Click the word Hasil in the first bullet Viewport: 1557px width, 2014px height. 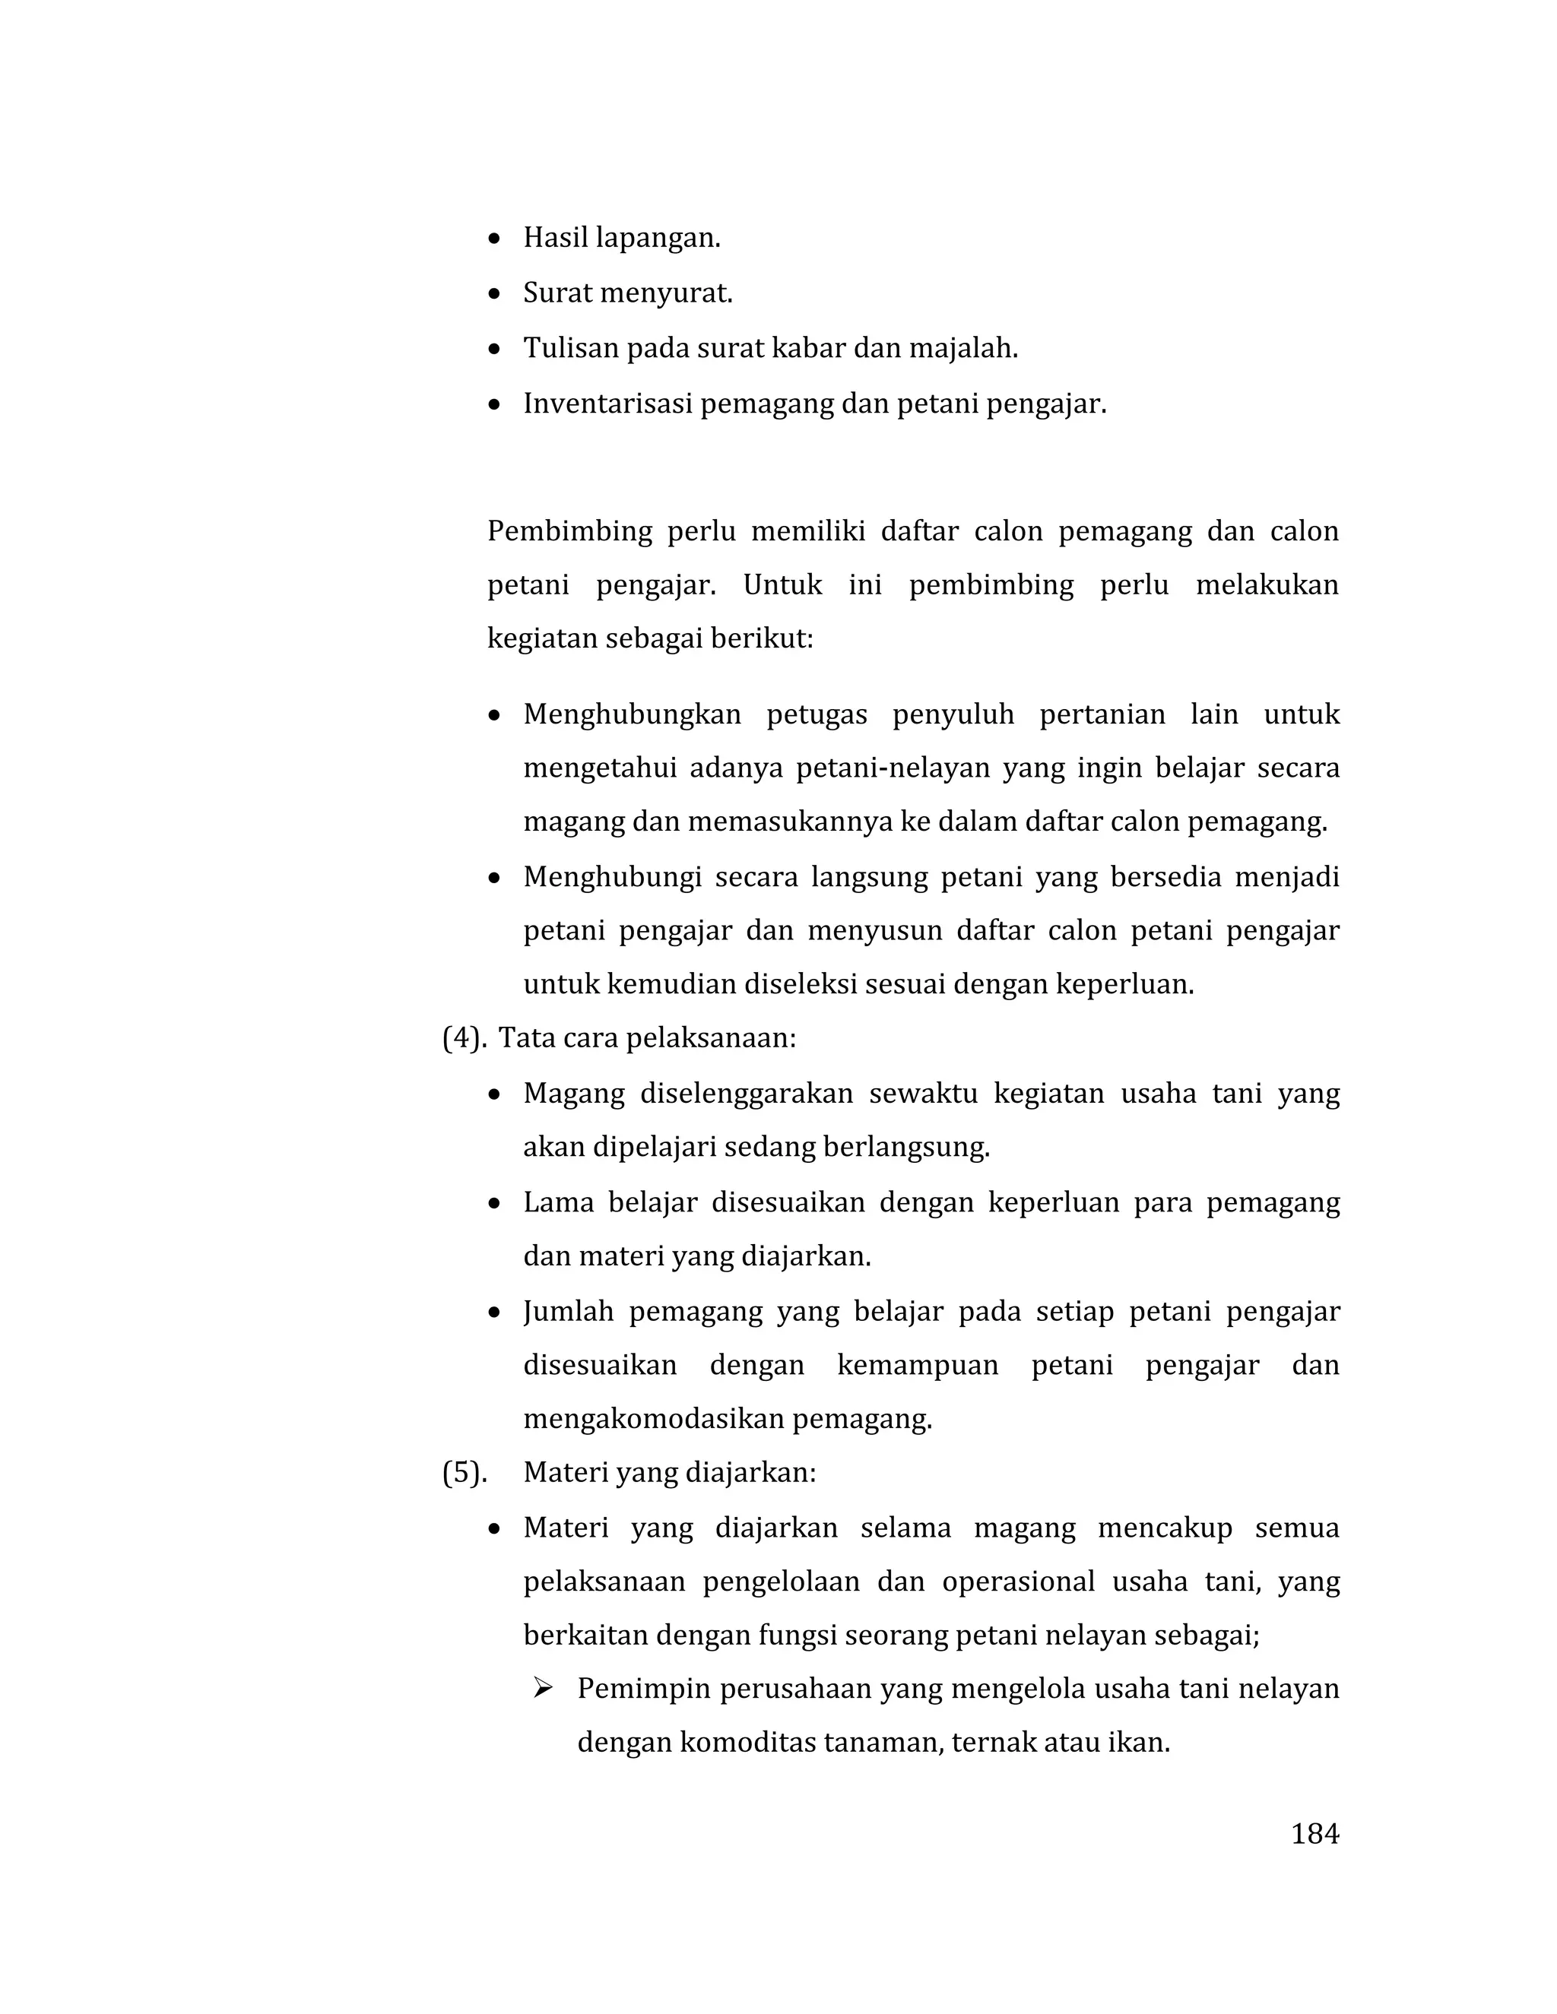coord(555,238)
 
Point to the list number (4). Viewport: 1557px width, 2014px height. coord(464,1039)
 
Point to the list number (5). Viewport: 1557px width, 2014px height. coord(464,1473)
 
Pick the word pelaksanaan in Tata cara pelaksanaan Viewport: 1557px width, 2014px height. coord(710,1039)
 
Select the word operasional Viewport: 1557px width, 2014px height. coord(1018,1582)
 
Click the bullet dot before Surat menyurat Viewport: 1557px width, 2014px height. coord(496,295)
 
